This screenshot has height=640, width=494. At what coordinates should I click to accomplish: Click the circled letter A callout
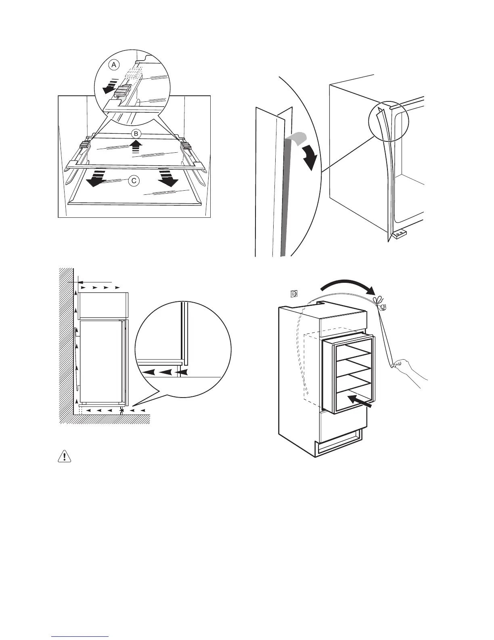click(x=114, y=65)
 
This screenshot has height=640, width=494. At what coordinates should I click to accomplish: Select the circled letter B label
click(x=136, y=133)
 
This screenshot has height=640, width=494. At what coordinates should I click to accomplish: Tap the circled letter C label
click(x=134, y=181)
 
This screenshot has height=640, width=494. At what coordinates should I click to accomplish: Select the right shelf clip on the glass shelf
click(x=186, y=145)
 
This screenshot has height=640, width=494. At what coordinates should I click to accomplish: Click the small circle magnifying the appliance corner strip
click(x=389, y=121)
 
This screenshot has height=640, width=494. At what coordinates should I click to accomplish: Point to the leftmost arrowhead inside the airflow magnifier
click(x=150, y=372)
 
